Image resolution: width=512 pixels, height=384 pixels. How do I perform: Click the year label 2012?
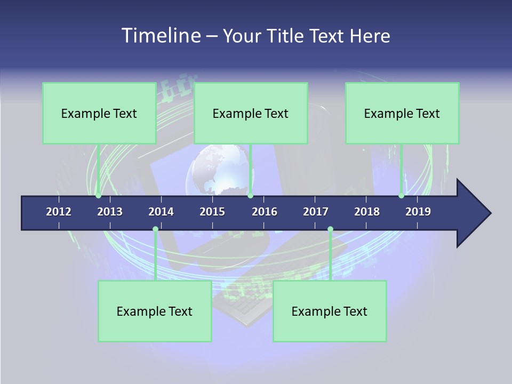pyautogui.click(x=59, y=212)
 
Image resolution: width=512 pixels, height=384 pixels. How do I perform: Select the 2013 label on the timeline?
pyautogui.click(x=110, y=212)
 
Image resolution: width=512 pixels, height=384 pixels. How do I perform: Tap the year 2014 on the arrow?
pyautogui.click(x=161, y=212)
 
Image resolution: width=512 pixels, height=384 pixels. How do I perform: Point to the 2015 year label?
pyautogui.click(x=212, y=212)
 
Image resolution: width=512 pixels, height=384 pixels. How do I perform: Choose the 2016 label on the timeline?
pyautogui.click(x=265, y=212)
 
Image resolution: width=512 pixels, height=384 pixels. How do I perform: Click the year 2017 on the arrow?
pyautogui.click(x=316, y=212)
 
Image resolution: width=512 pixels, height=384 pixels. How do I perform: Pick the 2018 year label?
pyautogui.click(x=367, y=212)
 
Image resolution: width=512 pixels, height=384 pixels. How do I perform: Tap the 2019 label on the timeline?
pyautogui.click(x=418, y=212)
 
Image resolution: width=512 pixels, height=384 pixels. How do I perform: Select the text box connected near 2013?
pyautogui.click(x=99, y=113)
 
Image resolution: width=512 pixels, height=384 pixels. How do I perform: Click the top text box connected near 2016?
pyautogui.click(x=251, y=113)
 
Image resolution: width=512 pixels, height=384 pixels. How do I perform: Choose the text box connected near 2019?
pyautogui.click(x=402, y=113)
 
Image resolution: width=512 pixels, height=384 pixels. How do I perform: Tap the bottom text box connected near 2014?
pyautogui.click(x=155, y=311)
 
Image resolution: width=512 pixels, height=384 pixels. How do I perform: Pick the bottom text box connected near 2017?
pyautogui.click(x=330, y=311)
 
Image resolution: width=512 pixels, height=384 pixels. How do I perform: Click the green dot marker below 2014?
pyautogui.click(x=155, y=229)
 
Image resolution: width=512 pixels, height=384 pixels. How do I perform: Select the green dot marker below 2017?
pyautogui.click(x=330, y=229)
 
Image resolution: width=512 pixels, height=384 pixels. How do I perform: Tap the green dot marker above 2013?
pyautogui.click(x=98, y=195)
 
